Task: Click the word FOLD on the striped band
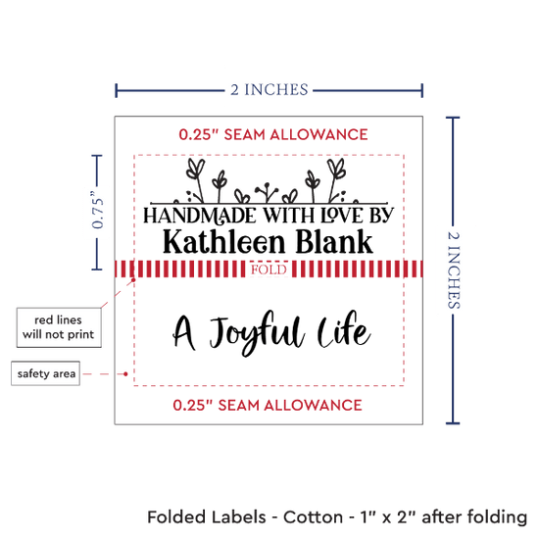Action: tap(269, 269)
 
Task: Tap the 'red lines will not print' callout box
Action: tap(59, 327)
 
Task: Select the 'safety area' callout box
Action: tap(46, 373)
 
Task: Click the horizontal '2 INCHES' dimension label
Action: tap(269, 90)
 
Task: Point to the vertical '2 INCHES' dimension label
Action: tap(454, 269)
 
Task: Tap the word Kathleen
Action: tap(224, 242)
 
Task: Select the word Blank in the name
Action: tap(334, 241)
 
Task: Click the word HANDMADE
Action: tap(200, 216)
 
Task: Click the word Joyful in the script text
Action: tap(257, 332)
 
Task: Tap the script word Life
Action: tap(344, 329)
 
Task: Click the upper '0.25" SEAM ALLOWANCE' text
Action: tap(273, 134)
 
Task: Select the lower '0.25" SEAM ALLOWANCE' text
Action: tap(268, 406)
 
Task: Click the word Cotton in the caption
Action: tap(313, 517)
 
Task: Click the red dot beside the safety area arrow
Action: tap(125, 373)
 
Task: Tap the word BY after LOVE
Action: tap(381, 216)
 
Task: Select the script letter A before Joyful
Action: tap(184, 332)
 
